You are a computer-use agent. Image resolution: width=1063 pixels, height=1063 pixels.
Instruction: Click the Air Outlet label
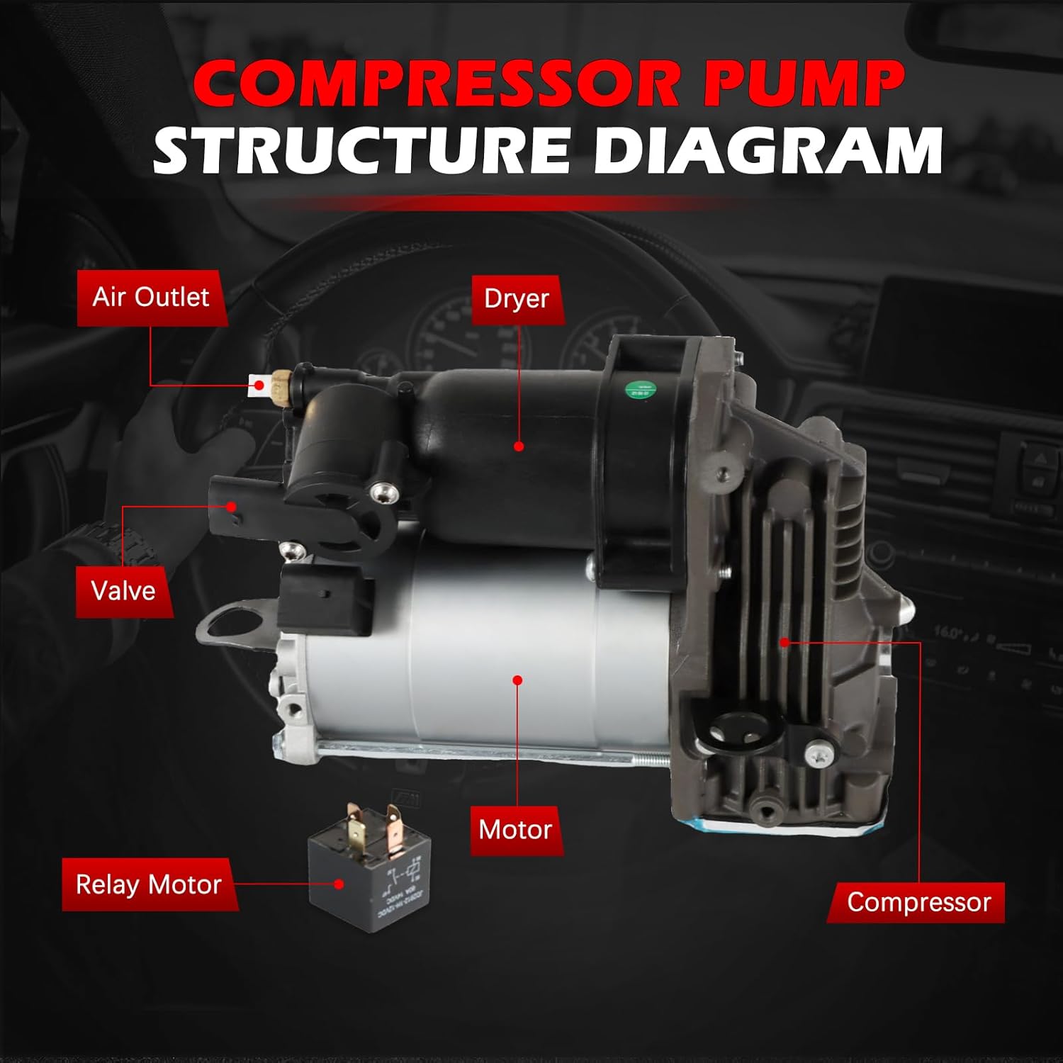point(151,298)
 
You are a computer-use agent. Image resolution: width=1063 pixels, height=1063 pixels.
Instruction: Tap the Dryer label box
point(517,299)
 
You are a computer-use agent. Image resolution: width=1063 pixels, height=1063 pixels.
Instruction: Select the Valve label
point(123,591)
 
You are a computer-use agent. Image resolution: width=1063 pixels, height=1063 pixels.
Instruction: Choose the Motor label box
point(515,830)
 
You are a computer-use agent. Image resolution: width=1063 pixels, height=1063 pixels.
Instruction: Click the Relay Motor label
point(149,884)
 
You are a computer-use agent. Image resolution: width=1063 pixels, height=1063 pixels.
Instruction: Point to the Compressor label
point(918,902)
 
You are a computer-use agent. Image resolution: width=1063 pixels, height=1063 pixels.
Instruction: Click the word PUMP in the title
point(804,84)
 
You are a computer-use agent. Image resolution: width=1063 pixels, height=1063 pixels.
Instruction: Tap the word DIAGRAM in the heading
point(768,150)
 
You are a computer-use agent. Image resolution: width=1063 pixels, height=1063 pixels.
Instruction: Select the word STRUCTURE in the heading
point(361,150)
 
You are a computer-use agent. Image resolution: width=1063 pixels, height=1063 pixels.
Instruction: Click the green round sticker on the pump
point(640,390)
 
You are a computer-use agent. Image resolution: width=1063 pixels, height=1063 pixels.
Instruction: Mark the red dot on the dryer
point(519,446)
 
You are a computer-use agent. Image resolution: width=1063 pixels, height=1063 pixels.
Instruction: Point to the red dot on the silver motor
point(517,680)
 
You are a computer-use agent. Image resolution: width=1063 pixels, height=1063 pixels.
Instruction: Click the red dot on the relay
point(339,884)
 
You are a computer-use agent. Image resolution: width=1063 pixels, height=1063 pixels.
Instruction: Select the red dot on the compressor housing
point(784,643)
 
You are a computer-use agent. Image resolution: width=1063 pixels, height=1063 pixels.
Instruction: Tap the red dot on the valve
point(231,506)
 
